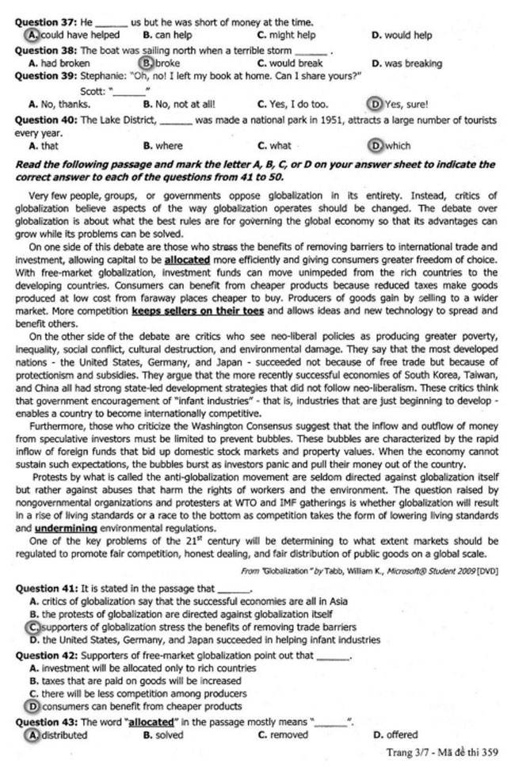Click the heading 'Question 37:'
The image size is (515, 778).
point(47,22)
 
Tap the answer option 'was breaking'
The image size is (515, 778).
point(406,63)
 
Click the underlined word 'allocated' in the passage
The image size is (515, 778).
point(187,259)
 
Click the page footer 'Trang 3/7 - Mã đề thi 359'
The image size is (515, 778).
point(441,752)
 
